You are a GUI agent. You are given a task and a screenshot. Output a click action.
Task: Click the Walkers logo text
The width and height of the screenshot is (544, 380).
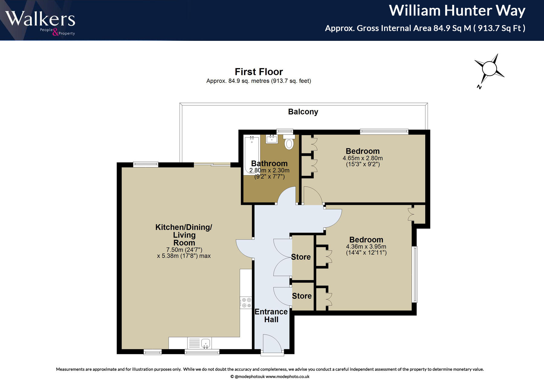[x=40, y=19]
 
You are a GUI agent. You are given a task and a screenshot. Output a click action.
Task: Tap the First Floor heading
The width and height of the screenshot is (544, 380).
[x=259, y=72]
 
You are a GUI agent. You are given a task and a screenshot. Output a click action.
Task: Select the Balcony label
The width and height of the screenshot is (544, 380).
[x=303, y=112]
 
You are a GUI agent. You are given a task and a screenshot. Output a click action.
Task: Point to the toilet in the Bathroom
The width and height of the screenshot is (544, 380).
[x=289, y=143]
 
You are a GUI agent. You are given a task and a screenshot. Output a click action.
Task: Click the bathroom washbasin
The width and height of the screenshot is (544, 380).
[x=271, y=139]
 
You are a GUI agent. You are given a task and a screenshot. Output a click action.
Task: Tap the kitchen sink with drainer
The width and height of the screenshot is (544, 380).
[x=199, y=343]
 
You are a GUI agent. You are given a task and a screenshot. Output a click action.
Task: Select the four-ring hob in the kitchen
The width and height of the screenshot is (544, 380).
[x=246, y=303]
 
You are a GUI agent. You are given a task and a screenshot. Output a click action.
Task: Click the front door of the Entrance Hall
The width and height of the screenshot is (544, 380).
[x=272, y=343]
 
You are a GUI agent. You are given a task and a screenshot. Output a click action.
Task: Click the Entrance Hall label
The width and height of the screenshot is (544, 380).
[x=271, y=316]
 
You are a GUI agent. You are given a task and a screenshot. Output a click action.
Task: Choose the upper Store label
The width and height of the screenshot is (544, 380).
[x=301, y=257]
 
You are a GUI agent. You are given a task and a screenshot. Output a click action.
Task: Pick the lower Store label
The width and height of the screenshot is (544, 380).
[x=302, y=296]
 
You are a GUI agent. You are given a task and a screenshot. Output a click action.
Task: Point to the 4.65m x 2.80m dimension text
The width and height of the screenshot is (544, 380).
[x=362, y=158]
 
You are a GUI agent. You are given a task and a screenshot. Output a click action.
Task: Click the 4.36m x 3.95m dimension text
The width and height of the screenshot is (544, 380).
[x=366, y=247]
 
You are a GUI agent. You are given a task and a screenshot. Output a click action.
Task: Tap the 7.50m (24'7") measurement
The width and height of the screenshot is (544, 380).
[x=184, y=250]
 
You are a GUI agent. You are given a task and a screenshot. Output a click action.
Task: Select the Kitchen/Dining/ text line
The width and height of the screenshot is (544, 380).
[x=184, y=227]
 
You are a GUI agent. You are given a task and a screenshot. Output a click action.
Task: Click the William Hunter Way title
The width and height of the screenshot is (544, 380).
[x=457, y=11]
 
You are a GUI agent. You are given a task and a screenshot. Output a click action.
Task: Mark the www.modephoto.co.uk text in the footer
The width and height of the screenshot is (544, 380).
[x=287, y=377]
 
